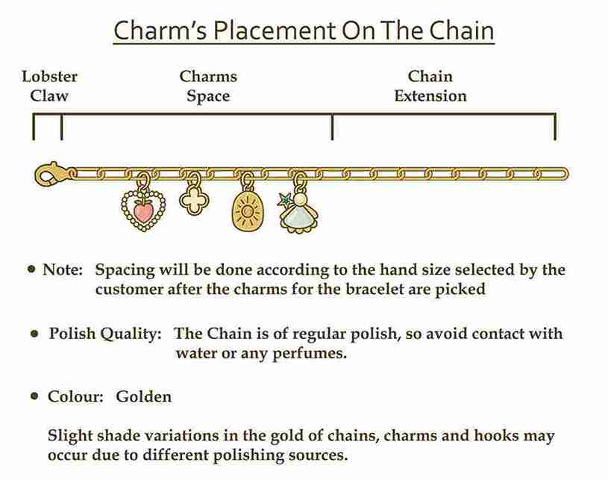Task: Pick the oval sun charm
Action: [x=247, y=211]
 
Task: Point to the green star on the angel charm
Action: [x=285, y=199]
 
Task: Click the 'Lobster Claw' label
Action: [x=50, y=86]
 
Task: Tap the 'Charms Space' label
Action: [x=208, y=86]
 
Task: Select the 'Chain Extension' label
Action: [x=430, y=86]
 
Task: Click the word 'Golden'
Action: [x=143, y=396]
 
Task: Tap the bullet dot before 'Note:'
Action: [x=32, y=269]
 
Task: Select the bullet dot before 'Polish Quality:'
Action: [x=34, y=334]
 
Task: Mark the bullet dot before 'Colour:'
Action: [x=34, y=396]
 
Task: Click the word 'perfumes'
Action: [x=307, y=354]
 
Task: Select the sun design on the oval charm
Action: [x=247, y=211]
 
